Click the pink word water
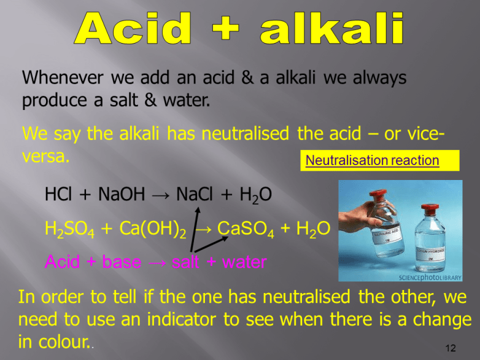click(x=244, y=262)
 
